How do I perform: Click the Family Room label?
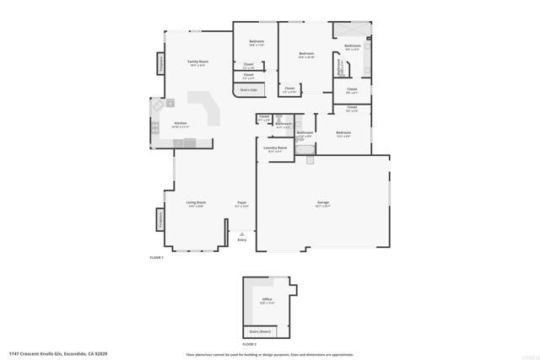[197, 62]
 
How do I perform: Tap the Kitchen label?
[181, 123]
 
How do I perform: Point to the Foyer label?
[241, 202]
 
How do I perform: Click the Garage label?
[322, 202]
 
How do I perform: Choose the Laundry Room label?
[275, 148]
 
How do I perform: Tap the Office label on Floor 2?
[267, 298]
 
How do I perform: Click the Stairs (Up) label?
[248, 89]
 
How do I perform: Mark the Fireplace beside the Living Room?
[159, 219]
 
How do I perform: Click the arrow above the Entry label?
[242, 234]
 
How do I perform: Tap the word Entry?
[242, 240]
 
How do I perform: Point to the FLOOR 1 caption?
[156, 256]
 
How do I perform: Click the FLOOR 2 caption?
[249, 344]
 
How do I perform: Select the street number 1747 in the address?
[13, 354]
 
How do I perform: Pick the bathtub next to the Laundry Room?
[305, 155]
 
